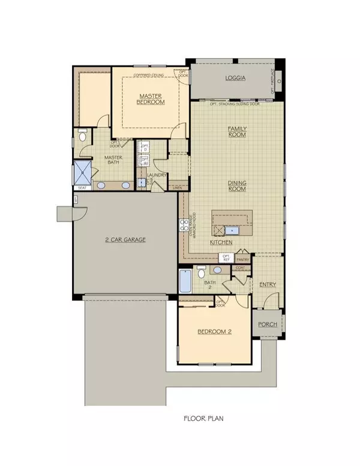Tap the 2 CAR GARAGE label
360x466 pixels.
(x=125, y=240)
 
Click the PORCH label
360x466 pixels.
(x=267, y=324)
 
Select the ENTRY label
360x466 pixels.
(x=267, y=285)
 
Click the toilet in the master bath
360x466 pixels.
(x=83, y=136)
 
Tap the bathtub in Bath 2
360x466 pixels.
(x=185, y=281)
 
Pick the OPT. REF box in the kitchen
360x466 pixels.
(x=226, y=258)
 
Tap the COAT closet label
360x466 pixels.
(x=241, y=268)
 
